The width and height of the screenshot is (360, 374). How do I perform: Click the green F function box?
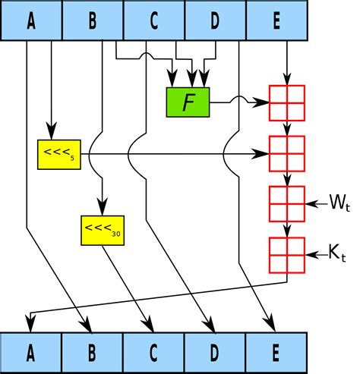click(x=188, y=102)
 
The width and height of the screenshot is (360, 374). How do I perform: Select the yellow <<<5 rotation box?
click(x=59, y=155)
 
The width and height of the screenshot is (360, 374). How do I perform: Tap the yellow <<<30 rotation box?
click(x=103, y=231)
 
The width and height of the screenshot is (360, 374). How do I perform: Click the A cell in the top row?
click(x=31, y=20)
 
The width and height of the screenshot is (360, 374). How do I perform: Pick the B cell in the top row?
click(x=93, y=20)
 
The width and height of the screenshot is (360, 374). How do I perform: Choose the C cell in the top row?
click(x=154, y=20)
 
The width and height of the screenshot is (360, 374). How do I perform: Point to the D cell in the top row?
click(x=216, y=20)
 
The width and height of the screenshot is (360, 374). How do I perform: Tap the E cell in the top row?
click(x=277, y=20)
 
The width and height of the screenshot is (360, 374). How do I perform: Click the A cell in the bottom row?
click(x=31, y=353)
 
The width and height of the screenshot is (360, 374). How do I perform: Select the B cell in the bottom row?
click(x=93, y=353)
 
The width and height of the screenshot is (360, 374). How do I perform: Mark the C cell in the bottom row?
click(x=153, y=353)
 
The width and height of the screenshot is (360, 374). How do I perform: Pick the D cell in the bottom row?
click(x=215, y=353)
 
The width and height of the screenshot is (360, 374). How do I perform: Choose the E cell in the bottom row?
click(x=276, y=353)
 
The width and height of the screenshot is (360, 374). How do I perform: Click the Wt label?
click(x=339, y=203)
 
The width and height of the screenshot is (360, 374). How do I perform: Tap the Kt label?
click(x=337, y=253)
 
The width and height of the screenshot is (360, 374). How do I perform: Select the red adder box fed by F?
click(x=287, y=103)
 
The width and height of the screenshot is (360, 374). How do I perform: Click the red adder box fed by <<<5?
click(x=287, y=154)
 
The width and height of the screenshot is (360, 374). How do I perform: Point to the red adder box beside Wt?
click(x=287, y=204)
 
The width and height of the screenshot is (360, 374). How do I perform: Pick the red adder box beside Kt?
click(x=287, y=255)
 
